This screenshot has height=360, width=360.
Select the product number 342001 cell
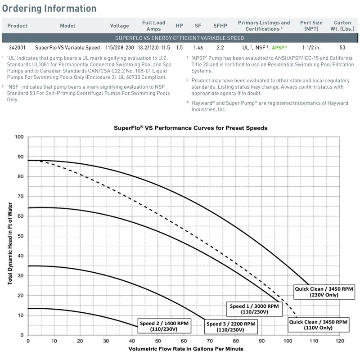18,47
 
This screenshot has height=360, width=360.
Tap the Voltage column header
119,26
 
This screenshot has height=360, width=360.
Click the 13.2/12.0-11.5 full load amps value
153,47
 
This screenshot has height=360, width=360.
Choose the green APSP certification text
279,47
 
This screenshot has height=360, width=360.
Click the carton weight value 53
342,47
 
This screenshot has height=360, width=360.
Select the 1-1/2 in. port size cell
311,47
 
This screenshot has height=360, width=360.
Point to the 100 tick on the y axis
19,137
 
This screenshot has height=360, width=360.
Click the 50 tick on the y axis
20,236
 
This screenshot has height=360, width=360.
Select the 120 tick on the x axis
340,341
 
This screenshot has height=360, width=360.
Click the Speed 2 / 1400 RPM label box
164,326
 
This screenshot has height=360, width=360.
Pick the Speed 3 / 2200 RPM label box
231,326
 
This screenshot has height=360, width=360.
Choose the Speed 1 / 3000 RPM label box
254,309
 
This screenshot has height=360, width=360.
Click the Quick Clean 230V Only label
320,292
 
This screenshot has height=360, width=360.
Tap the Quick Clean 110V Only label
318,324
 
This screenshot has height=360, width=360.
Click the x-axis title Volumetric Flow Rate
186,349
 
